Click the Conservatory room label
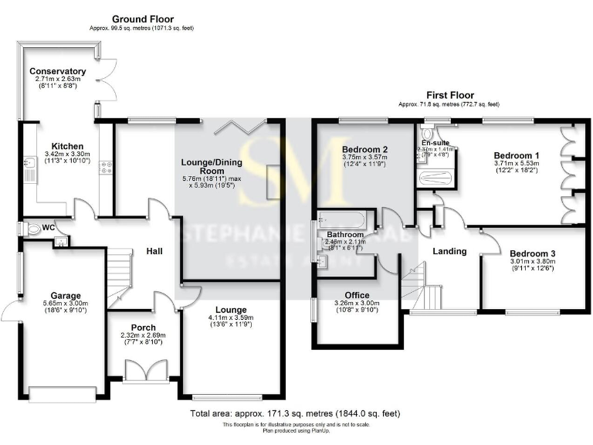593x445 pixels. point(58,72)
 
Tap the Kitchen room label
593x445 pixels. point(62,146)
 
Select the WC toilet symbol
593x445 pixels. point(32,229)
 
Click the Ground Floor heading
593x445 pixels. point(143,19)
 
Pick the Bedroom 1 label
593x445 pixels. point(517,155)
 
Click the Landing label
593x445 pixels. point(449,251)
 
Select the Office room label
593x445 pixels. point(357,295)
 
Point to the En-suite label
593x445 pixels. point(435,143)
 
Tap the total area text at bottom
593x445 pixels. point(296,414)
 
